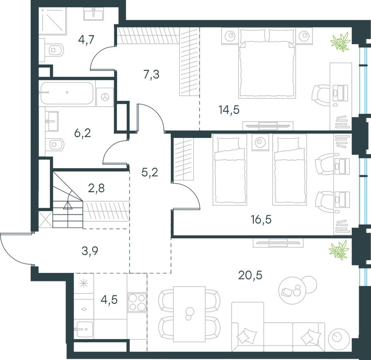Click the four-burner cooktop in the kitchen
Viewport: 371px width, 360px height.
[137, 302]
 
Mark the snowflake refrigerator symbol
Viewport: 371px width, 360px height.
[84, 284]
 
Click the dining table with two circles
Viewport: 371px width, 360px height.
[189, 314]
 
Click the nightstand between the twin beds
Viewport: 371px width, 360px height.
[260, 142]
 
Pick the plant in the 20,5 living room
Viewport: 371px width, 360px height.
[339, 249]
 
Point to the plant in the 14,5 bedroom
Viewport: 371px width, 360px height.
[341, 42]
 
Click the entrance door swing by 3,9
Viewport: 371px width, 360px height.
[16, 249]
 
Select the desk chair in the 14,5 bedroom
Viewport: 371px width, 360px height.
[321, 93]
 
